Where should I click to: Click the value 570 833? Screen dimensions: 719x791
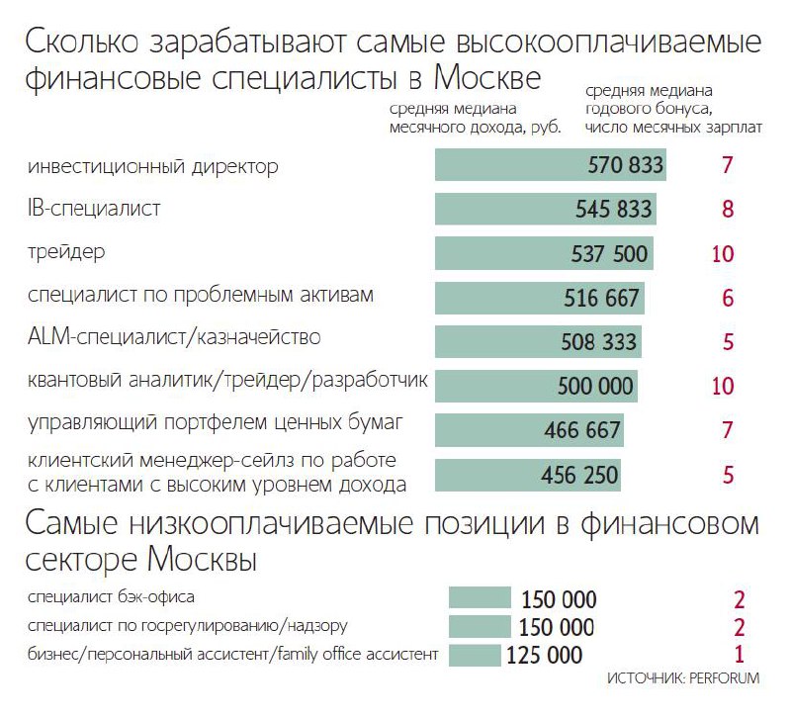625,166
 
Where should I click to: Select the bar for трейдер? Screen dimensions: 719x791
544,253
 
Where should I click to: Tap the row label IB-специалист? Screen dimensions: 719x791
95,209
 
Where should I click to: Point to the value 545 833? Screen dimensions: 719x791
614,210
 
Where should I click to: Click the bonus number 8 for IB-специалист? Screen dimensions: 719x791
728,210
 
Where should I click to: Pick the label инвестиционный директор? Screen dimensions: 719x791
153,166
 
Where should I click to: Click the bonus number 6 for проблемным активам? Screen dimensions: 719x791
728,297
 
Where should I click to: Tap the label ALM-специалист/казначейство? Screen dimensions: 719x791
174,337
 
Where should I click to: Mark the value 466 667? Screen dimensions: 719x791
582,430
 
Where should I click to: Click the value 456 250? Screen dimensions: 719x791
580,474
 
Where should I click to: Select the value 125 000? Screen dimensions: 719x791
545,655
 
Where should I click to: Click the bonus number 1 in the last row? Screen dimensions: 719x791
739,654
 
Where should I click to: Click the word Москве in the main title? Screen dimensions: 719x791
474,79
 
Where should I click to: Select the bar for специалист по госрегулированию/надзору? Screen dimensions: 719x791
479,627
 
